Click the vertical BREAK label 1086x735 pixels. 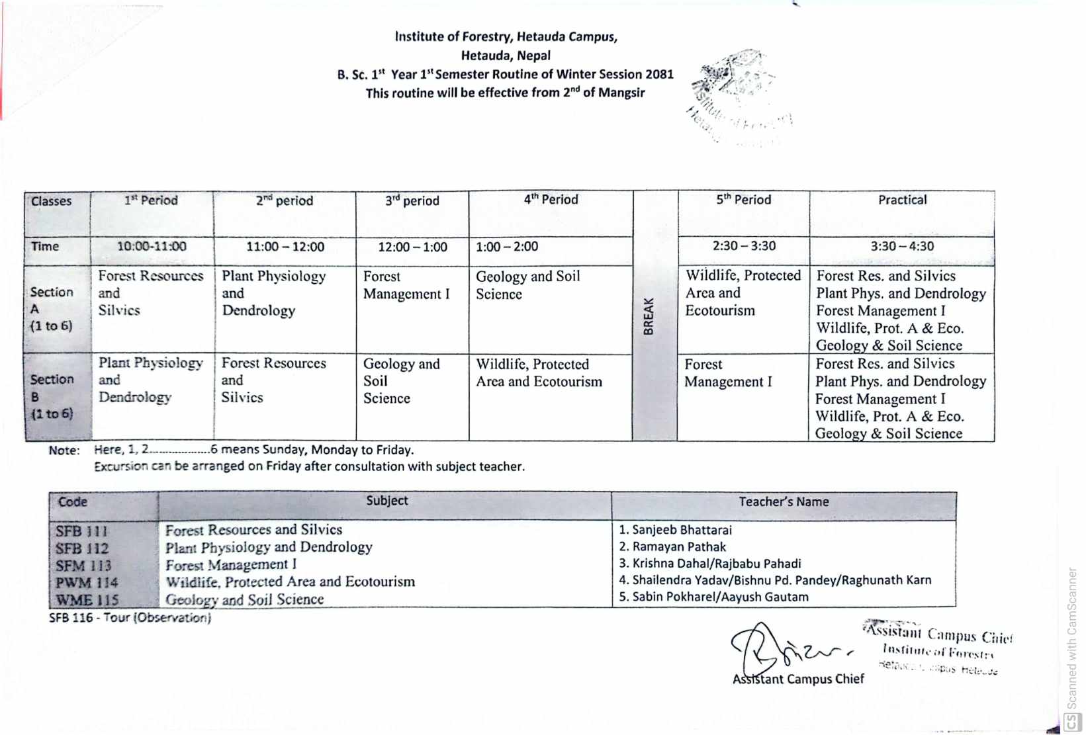(649, 316)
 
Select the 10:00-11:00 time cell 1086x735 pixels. (152, 247)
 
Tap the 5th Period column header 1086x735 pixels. (743, 200)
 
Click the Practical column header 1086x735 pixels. (902, 200)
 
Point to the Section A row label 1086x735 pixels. (52, 308)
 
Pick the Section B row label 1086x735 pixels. (52, 396)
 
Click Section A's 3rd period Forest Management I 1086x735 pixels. (406, 285)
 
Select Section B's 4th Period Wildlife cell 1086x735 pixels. (539, 373)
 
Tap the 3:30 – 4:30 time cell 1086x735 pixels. (902, 247)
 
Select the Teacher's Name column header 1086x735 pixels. (784, 502)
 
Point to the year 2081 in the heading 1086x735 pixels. (658, 74)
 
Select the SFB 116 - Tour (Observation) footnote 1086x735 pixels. (130, 618)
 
